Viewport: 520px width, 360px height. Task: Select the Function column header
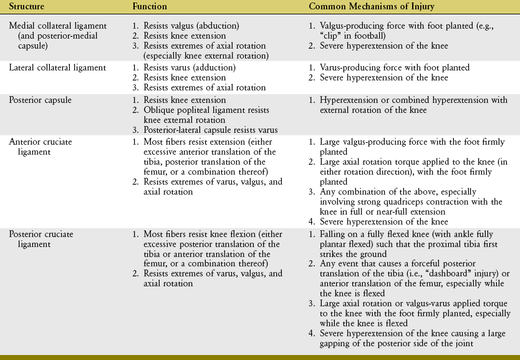click(149, 6)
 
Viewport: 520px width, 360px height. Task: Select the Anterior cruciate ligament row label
click(41, 142)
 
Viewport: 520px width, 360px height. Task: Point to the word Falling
click(333, 234)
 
